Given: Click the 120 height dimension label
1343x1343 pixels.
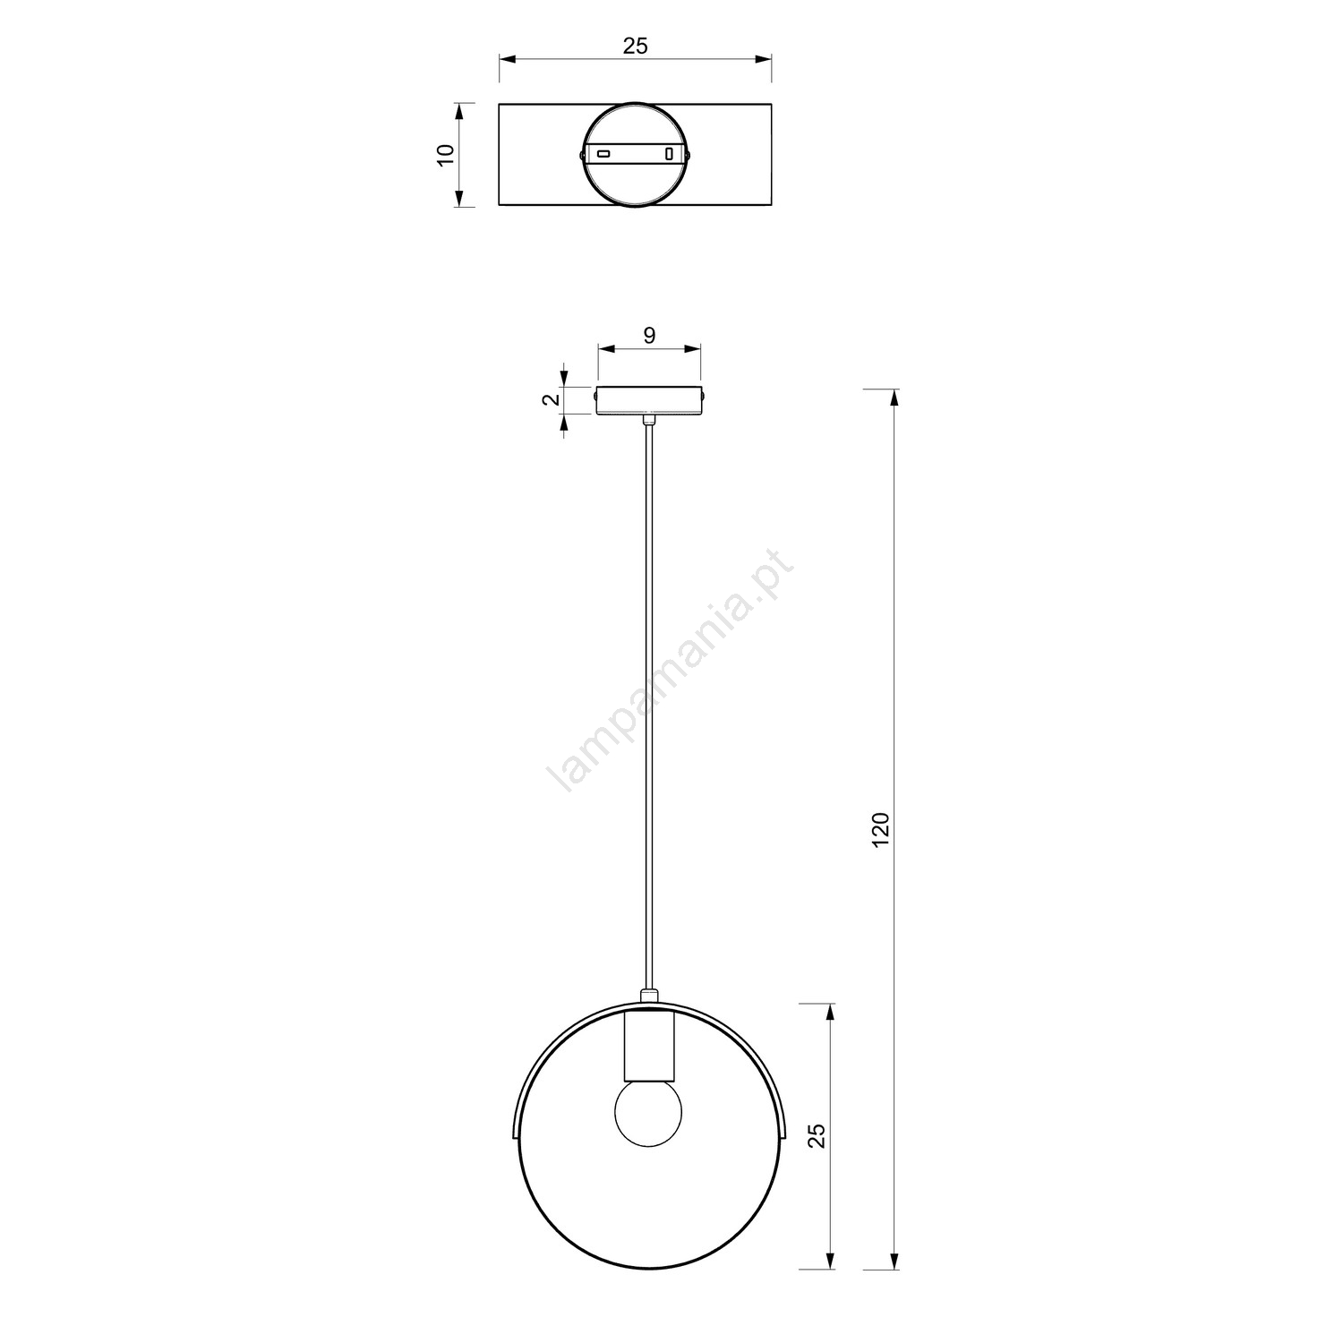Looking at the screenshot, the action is [882, 829].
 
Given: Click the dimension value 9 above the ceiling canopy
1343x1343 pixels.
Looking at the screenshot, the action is [650, 335].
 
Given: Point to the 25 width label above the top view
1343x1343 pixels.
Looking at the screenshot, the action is [635, 46].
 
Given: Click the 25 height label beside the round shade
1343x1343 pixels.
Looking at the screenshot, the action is [817, 1135].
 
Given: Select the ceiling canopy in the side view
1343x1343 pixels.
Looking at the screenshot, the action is [650, 400].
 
